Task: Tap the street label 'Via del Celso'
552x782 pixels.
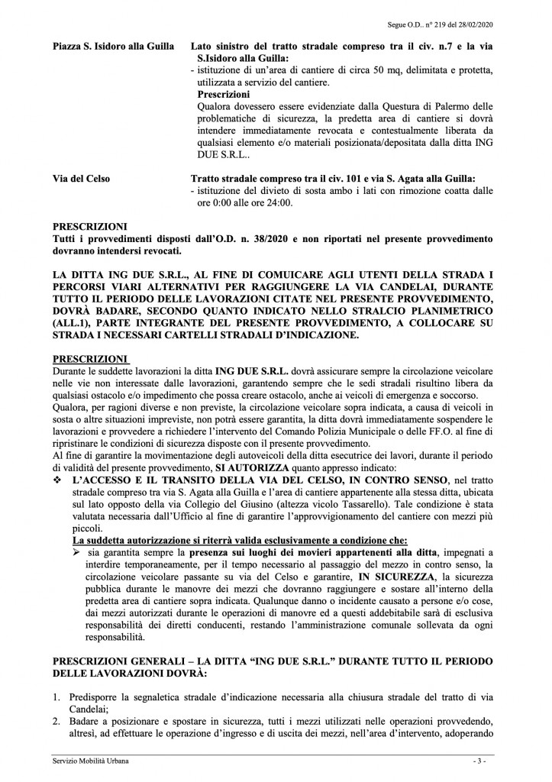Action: (80, 179)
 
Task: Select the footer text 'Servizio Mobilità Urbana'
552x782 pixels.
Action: (86, 761)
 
